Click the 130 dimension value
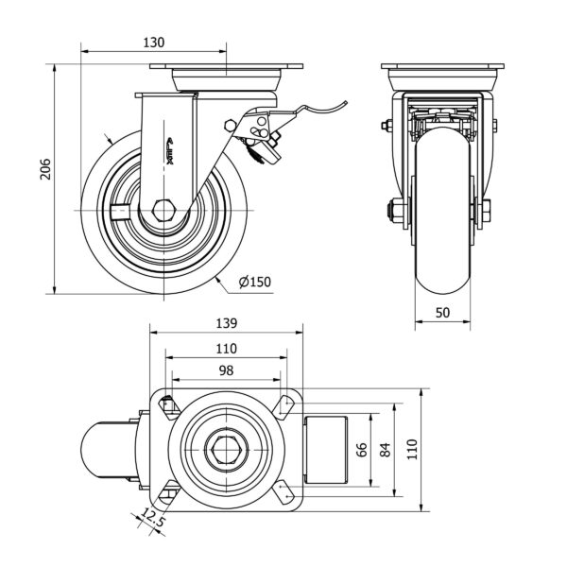pos(154,42)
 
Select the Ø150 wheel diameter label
pos(255,281)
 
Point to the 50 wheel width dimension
pos(443,312)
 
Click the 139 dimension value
pos(227,323)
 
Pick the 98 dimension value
pos(226,370)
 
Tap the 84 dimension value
pos(384,450)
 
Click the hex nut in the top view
pos(226,450)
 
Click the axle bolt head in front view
pos(388,210)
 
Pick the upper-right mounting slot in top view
pos(283,406)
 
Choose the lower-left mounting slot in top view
pos(168,493)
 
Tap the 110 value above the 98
pos(226,348)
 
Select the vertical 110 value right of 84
pos(412,450)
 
